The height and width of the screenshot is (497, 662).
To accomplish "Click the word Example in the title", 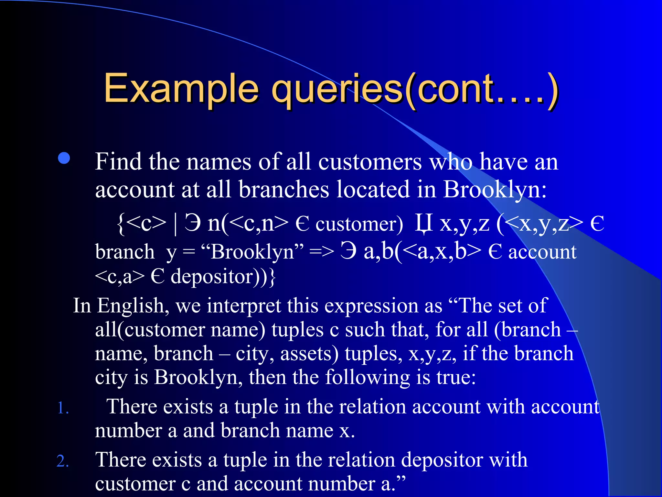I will tap(181, 88).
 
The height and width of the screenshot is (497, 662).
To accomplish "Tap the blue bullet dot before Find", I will tap(64, 158).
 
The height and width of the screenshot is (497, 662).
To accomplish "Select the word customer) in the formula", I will tap(359, 224).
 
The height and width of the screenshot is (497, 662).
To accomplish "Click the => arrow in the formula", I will tap(321, 252).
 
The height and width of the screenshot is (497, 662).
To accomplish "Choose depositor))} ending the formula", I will tap(223, 277).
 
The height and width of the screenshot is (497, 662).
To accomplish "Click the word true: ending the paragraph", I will tap(456, 377).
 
